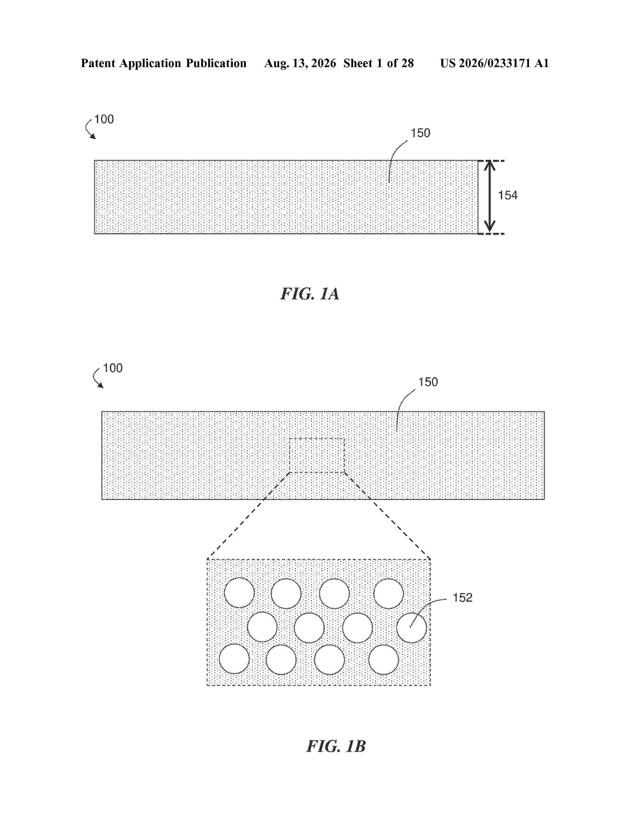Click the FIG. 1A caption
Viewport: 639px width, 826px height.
pyautogui.click(x=310, y=294)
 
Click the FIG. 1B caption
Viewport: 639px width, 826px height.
pyautogui.click(x=336, y=746)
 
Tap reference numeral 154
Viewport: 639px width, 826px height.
pyautogui.click(x=508, y=195)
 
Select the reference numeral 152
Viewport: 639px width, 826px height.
pyautogui.click(x=463, y=597)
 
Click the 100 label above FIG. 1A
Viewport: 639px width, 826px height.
pyautogui.click(x=104, y=119)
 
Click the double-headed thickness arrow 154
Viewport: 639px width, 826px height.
pyautogui.click(x=490, y=196)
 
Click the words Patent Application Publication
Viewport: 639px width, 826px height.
pyautogui.click(x=164, y=63)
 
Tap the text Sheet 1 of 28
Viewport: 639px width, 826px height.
pyautogui.click(x=379, y=63)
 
